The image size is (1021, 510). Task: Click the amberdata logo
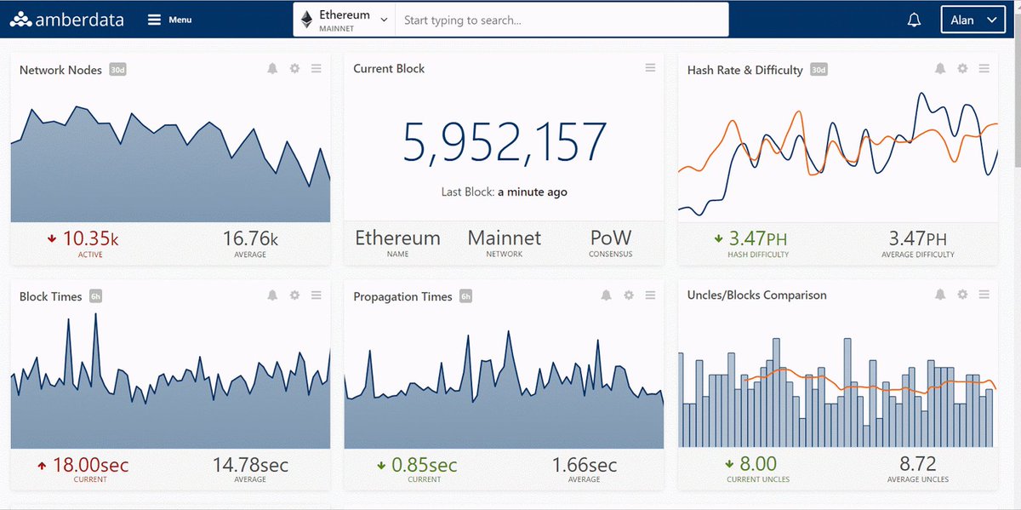pos(66,20)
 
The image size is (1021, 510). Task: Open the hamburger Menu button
pos(169,20)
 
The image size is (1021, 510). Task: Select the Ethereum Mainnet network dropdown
pos(344,20)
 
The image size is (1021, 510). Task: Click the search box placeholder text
pos(462,20)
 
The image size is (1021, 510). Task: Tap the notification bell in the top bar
pos(914,20)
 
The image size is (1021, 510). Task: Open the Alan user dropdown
pos(973,20)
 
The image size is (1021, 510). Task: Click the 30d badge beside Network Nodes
pos(117,69)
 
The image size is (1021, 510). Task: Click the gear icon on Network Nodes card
pos(295,68)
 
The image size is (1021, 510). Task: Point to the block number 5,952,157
pos(505,142)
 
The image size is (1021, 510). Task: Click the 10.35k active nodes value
pos(90,238)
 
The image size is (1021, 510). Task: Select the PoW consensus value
pos(611,238)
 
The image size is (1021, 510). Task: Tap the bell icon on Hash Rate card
pos(940,68)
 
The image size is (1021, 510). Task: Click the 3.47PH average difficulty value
pos(917,238)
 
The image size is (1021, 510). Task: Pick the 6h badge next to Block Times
pos(95,296)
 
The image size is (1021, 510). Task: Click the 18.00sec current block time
pos(91,465)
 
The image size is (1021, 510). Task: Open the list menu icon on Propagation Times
pos(650,295)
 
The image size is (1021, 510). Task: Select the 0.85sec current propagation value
pos(424,465)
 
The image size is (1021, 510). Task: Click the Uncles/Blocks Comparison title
pos(756,295)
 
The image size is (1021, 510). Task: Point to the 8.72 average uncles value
pos(917,464)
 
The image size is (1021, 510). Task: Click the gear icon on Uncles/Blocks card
pos(962,295)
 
